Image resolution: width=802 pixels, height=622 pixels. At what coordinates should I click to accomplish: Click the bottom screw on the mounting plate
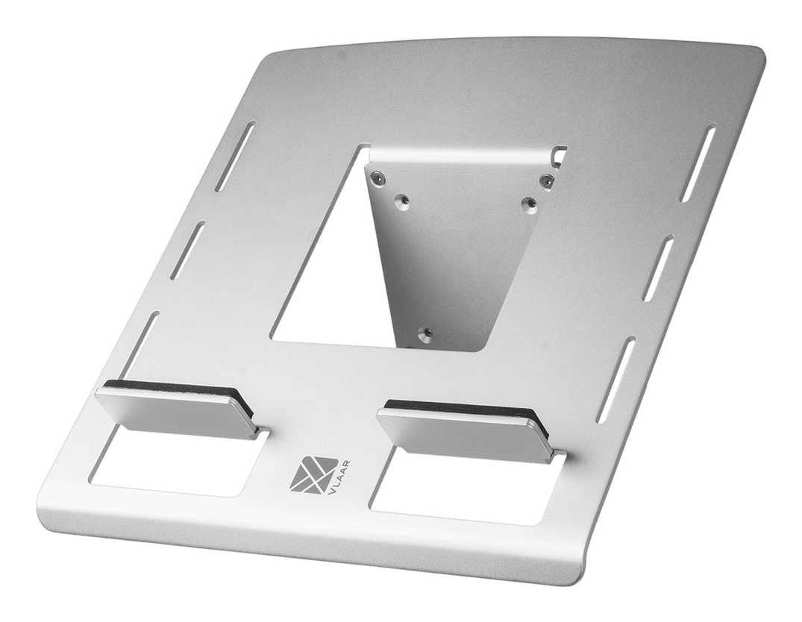pyautogui.click(x=425, y=333)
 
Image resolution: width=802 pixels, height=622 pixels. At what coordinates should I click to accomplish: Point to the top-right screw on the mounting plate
pyautogui.click(x=547, y=179)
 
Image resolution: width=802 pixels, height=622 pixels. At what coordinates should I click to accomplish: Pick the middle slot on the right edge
pyautogui.click(x=659, y=268)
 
